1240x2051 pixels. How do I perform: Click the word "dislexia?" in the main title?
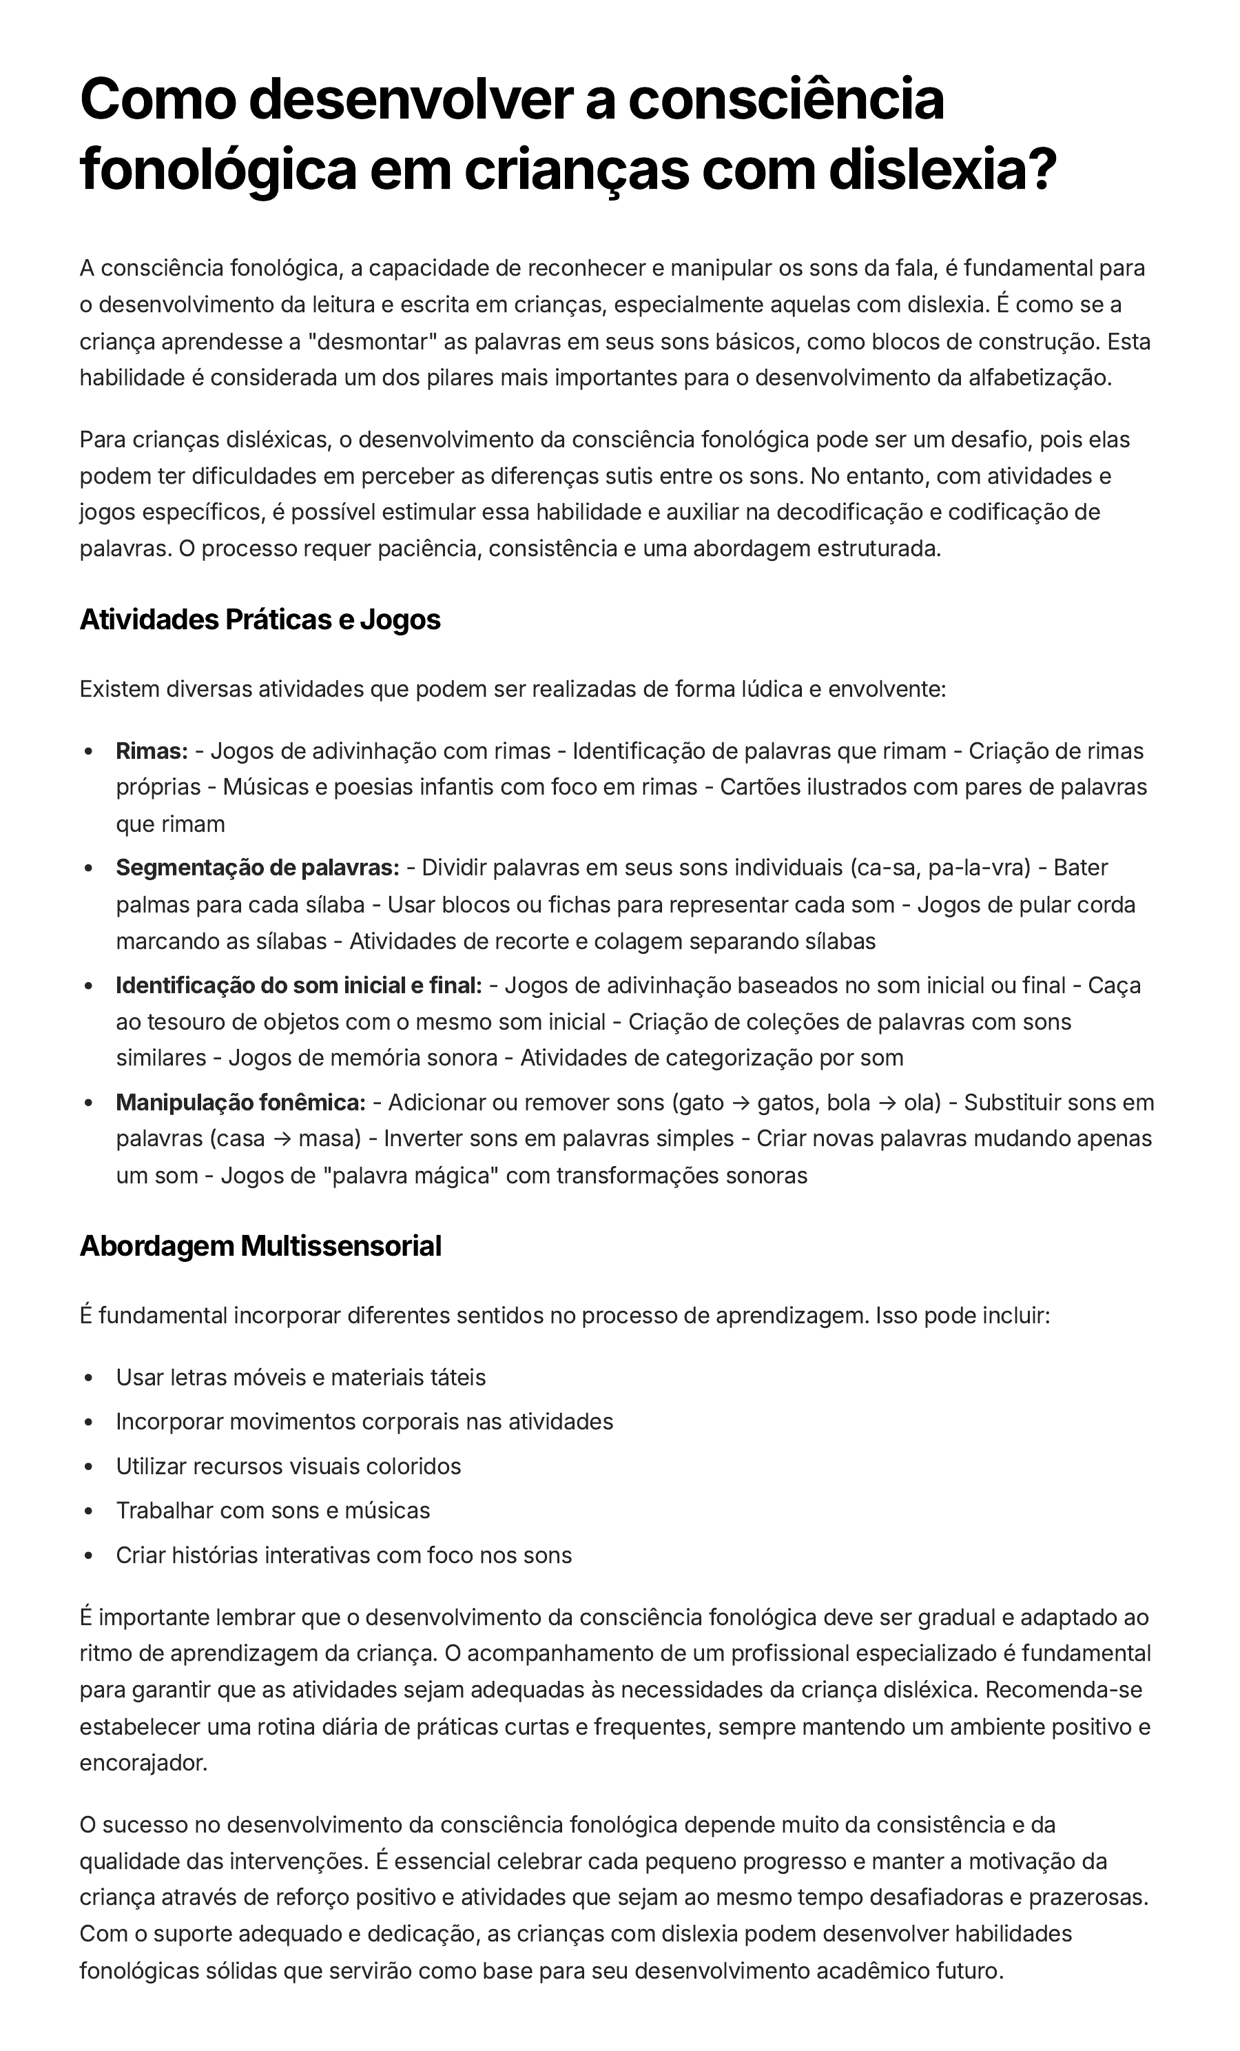[x=941, y=169]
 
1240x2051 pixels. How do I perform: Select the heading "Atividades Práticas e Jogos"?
[x=260, y=620]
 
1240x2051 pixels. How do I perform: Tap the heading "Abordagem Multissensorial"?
[x=260, y=1246]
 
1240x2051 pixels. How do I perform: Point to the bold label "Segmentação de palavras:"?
[x=257, y=868]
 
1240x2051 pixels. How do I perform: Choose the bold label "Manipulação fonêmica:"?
[x=240, y=1102]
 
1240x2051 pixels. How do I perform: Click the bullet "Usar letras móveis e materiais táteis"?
[x=300, y=1377]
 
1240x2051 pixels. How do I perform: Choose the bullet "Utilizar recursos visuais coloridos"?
[x=288, y=1466]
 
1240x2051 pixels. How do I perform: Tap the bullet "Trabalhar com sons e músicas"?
[x=273, y=1510]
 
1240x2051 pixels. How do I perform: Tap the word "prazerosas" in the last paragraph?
[x=1087, y=1897]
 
